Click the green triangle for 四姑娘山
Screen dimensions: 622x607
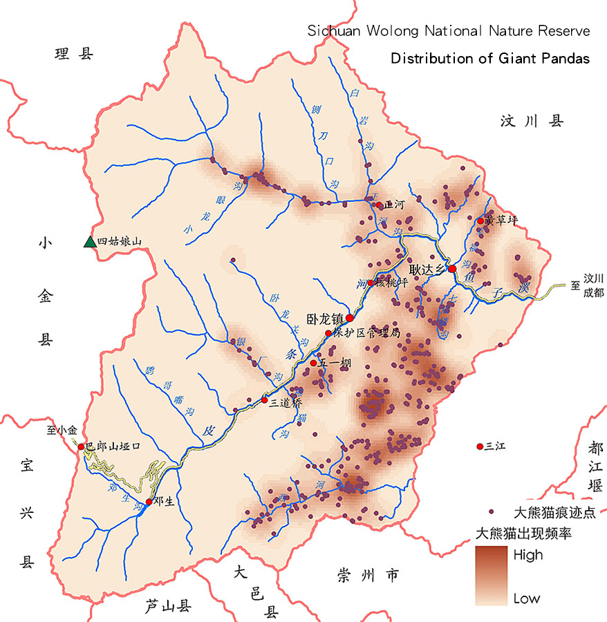coord(89,241)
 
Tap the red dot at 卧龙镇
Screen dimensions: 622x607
coord(350,318)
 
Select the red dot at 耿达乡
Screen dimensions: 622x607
coord(451,268)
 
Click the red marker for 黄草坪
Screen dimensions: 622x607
coord(480,221)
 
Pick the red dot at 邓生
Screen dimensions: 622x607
coord(149,502)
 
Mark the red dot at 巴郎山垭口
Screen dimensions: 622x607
coord(81,447)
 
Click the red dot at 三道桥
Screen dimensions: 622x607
coord(264,400)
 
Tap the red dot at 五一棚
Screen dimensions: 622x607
coord(313,363)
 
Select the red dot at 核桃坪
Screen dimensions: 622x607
coord(371,283)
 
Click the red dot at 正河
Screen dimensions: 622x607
coord(377,205)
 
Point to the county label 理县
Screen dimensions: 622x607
coord(74,55)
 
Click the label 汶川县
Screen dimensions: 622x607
coord(532,122)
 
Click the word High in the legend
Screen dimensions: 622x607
coord(528,555)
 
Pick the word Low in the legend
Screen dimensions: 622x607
coord(527,599)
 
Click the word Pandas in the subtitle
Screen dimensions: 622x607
coord(563,59)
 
